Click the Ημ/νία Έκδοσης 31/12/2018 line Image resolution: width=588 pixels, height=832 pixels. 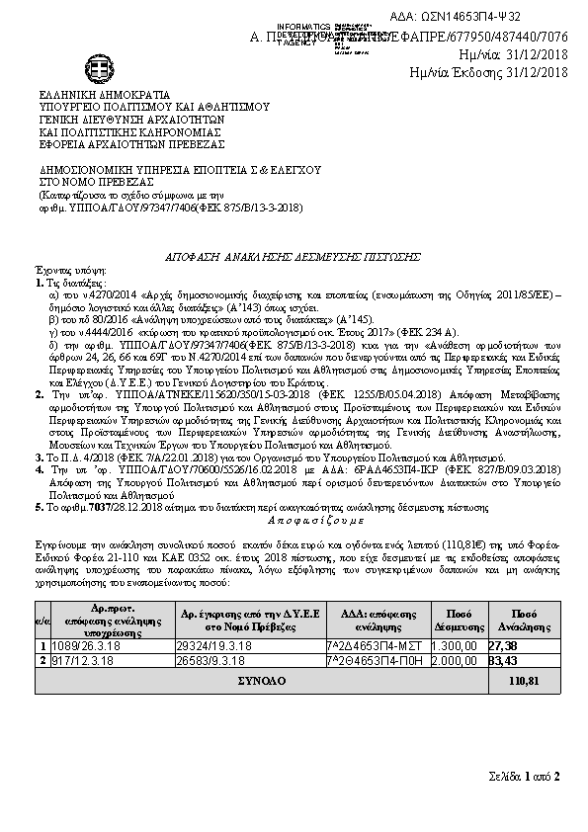[488, 71]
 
